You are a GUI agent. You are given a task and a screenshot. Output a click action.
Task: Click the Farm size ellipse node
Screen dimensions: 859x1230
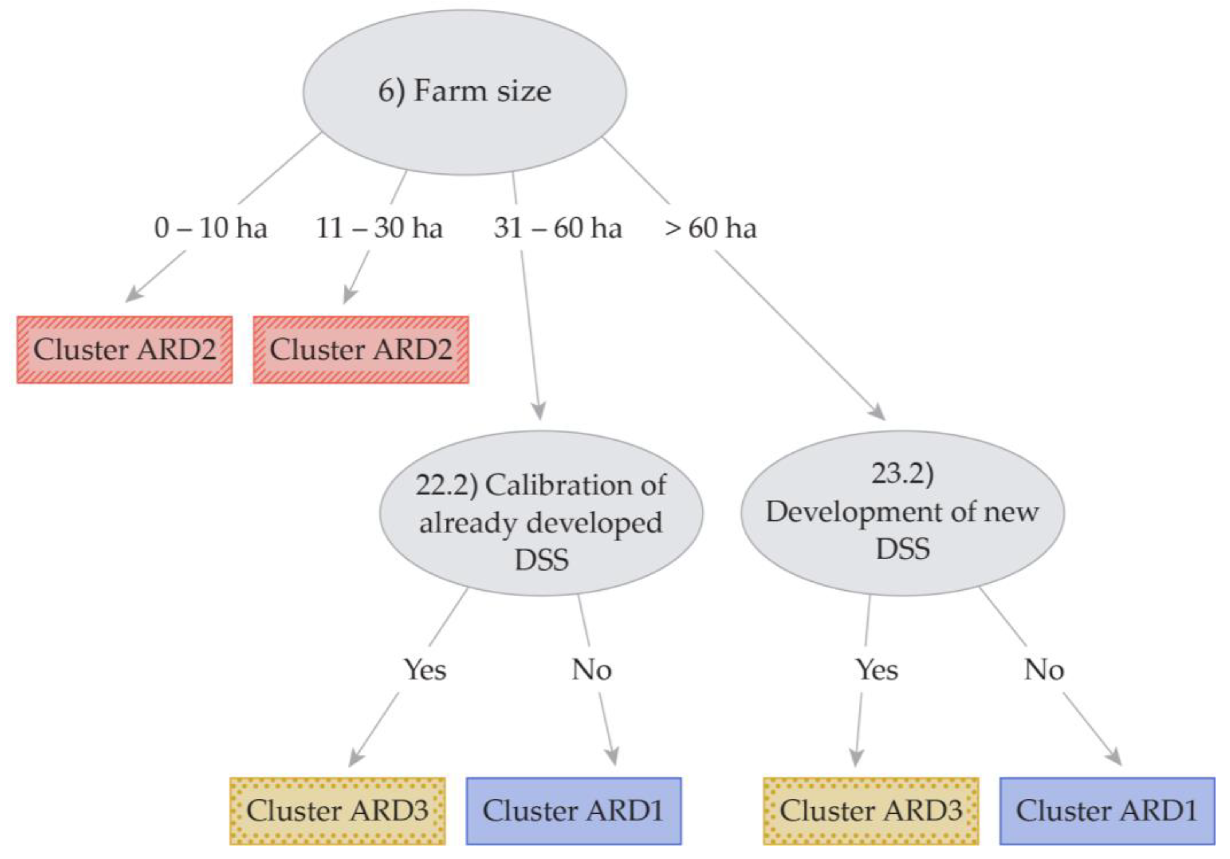click(464, 92)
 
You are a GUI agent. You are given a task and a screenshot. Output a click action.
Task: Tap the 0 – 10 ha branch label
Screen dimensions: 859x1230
click(211, 228)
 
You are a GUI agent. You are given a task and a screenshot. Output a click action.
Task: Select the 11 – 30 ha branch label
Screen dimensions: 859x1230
click(379, 228)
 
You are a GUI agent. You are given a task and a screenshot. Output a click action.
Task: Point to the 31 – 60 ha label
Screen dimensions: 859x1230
click(557, 228)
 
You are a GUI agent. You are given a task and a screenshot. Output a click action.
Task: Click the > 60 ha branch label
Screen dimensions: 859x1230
click(710, 228)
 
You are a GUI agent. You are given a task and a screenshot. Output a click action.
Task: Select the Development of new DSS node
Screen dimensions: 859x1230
click(902, 513)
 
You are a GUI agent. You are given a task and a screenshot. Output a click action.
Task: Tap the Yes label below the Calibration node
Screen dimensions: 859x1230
click(425, 669)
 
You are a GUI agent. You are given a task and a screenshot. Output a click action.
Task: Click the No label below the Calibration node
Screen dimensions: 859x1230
click(592, 669)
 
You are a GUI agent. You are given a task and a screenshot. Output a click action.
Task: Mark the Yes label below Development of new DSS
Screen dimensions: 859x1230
click(877, 669)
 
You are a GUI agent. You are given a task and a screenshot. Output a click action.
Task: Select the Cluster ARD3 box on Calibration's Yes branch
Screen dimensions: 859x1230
click(337, 811)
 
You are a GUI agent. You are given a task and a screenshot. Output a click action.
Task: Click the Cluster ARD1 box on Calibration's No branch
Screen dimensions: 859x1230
click(574, 811)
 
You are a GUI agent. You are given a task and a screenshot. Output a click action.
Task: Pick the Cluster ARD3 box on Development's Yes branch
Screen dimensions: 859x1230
click(871, 811)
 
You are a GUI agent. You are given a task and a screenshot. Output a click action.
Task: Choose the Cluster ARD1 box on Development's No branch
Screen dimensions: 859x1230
click(1107, 811)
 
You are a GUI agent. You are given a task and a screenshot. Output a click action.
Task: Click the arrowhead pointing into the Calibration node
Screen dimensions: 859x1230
click(540, 412)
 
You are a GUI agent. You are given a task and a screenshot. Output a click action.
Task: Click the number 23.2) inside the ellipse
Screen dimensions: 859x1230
click(902, 474)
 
